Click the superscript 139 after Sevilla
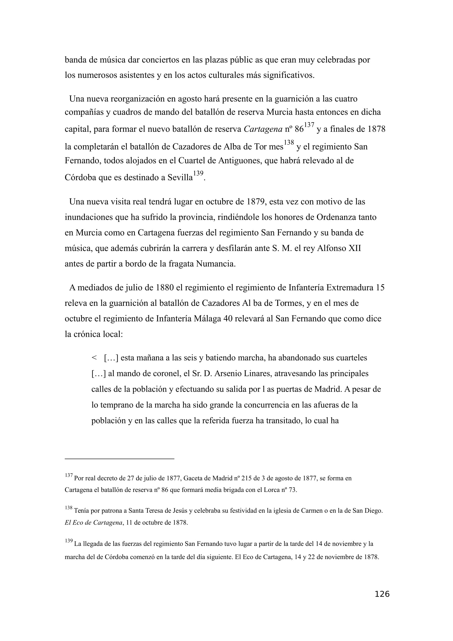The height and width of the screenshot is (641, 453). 198,174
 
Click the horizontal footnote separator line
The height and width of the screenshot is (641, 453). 119,459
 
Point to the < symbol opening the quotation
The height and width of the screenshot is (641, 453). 94,358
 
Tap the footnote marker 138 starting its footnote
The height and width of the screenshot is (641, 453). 69,508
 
